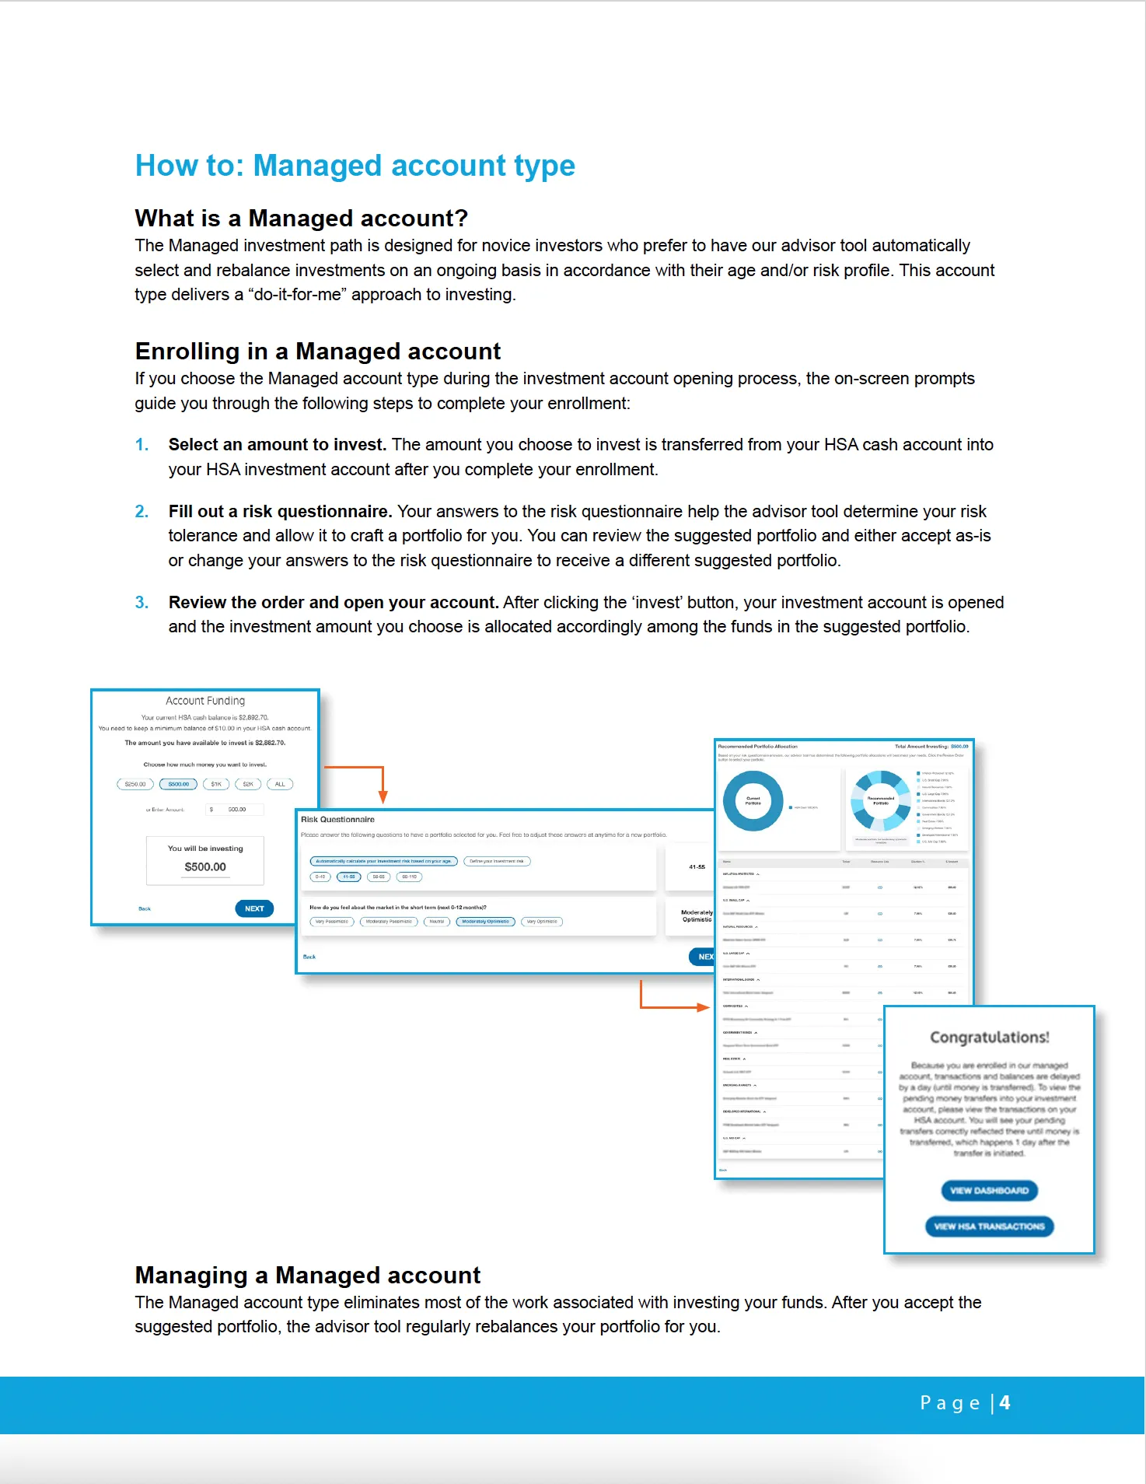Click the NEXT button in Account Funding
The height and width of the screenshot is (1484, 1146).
[x=254, y=908]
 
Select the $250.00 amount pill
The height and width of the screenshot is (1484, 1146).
[x=135, y=784]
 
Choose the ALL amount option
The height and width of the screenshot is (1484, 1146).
[x=280, y=784]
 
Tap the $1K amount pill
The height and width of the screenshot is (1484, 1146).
[x=216, y=784]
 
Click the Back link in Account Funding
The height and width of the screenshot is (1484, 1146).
[x=145, y=908]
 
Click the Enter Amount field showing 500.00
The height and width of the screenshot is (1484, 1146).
[x=236, y=810]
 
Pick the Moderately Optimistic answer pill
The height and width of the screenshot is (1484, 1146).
[x=485, y=922]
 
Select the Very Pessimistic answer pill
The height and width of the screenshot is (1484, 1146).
[x=332, y=922]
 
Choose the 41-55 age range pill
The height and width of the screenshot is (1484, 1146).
[x=349, y=877]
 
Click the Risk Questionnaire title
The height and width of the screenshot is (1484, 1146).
[x=337, y=820]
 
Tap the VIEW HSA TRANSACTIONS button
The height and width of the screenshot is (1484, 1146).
[x=989, y=1227]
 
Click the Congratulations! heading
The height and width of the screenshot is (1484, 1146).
[x=989, y=1038]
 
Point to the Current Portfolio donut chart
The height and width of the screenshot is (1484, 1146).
[x=753, y=801]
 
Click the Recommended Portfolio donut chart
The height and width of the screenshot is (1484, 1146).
[x=880, y=800]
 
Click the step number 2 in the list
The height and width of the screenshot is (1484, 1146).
[x=142, y=512]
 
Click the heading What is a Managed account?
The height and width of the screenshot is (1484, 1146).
[x=301, y=219]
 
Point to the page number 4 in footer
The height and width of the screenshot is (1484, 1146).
[x=1004, y=1403]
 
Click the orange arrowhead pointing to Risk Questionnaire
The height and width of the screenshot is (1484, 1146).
[x=383, y=797]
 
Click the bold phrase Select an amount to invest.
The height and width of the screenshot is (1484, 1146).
[x=277, y=445]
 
